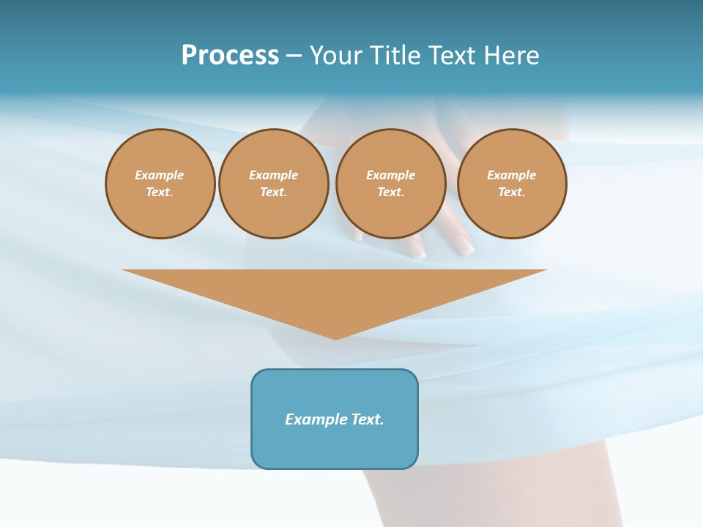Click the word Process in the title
click(230, 56)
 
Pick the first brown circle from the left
click(160, 184)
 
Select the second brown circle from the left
click(274, 184)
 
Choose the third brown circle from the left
click(390, 184)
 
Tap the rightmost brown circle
click(512, 184)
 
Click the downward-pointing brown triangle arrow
click(335, 293)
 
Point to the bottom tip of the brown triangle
click(336, 338)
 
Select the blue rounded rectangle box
click(335, 439)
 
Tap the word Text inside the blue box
click(368, 419)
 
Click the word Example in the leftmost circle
click(160, 175)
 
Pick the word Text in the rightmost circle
click(511, 193)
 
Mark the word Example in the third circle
click(390, 175)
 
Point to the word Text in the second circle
click(273, 193)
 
